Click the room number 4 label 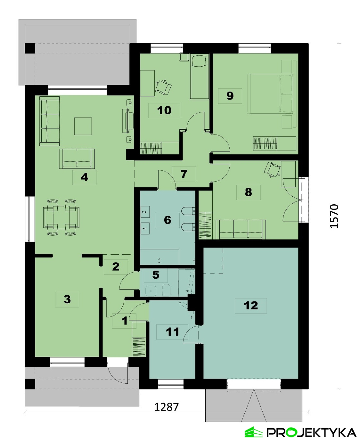pos(85,177)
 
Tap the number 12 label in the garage pos(251,306)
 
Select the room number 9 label pos(230,96)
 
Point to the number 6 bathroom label pos(168,220)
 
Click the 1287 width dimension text pos(167,407)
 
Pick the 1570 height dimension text pos(334,216)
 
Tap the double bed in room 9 pos(270,94)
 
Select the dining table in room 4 pos(61,217)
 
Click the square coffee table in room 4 pos(83,126)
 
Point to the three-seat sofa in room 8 pos(241,229)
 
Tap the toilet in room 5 pos(166,290)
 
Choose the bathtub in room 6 pos(160,257)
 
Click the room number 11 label pos(172,332)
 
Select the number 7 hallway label pos(184,174)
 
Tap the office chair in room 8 pos(272,170)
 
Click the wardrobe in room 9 pos(274,143)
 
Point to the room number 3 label pos(67,299)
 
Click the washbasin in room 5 pos(151,291)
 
